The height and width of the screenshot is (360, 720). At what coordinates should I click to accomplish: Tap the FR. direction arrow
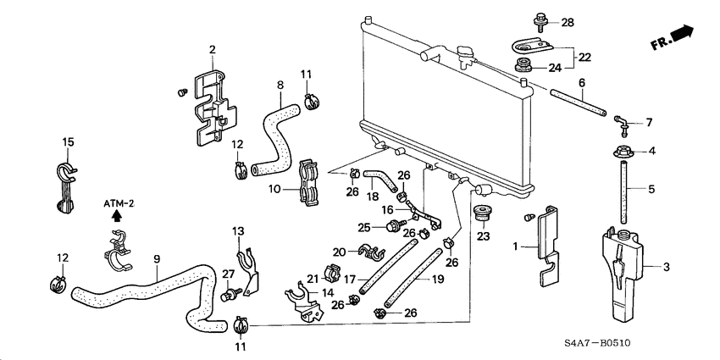click(x=673, y=38)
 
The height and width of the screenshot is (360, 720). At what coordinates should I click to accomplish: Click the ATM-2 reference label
click(x=119, y=204)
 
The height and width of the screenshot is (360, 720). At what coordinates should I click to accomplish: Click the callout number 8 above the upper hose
click(x=280, y=85)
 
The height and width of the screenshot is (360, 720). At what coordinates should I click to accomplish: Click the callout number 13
click(x=238, y=231)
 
